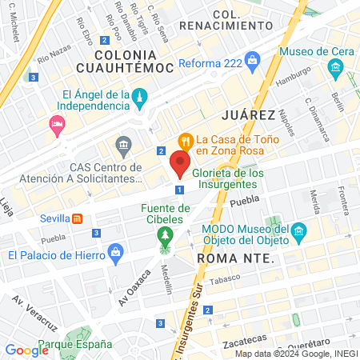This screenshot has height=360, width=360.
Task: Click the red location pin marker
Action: (180, 165)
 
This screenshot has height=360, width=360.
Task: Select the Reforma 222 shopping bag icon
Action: (253, 61)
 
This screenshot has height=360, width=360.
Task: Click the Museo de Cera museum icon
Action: (334, 70)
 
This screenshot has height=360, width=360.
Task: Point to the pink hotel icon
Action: (56, 124)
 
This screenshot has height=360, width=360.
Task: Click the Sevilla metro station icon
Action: (77, 218)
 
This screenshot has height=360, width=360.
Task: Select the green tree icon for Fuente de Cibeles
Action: (166, 235)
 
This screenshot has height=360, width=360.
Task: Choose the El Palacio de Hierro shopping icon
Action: (116, 254)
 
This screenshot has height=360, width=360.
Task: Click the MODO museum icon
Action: (299, 233)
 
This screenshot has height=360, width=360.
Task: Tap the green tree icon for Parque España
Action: (75, 337)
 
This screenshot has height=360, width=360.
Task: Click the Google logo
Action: (26, 350)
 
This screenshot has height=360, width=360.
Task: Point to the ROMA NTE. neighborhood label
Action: (235, 259)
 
